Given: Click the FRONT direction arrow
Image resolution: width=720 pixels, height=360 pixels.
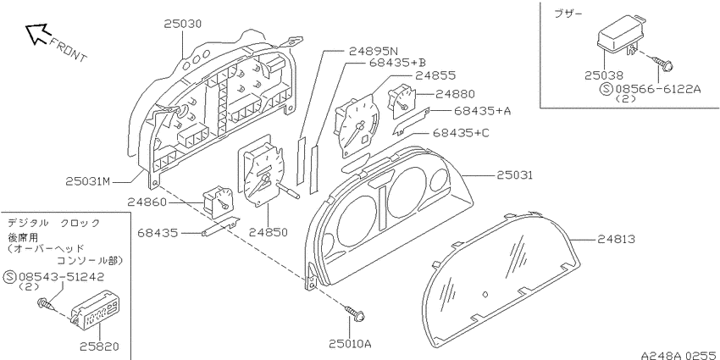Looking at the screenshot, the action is click(36, 34).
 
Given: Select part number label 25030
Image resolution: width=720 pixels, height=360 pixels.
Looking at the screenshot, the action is click(183, 24).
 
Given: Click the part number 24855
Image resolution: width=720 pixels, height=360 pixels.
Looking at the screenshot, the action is click(435, 75).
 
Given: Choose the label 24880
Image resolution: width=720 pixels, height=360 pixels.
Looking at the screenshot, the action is click(455, 95).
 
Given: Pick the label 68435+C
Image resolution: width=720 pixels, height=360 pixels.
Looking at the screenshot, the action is click(461, 133).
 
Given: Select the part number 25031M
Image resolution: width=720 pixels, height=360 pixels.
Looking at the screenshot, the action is click(88, 182).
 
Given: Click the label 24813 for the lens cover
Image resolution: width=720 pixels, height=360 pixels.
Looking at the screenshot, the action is click(616, 239).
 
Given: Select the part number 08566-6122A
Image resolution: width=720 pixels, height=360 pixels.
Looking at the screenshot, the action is click(658, 89).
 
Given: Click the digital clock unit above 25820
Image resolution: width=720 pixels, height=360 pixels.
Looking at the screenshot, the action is click(95, 310).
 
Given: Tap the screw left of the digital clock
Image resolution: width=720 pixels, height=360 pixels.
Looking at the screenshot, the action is click(46, 304).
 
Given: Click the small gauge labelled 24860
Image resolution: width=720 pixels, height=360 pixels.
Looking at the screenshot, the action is click(216, 200).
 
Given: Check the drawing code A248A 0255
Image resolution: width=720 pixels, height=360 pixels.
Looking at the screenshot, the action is click(679, 356).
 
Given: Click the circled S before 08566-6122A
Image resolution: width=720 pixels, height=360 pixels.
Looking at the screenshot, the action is click(606, 89).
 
